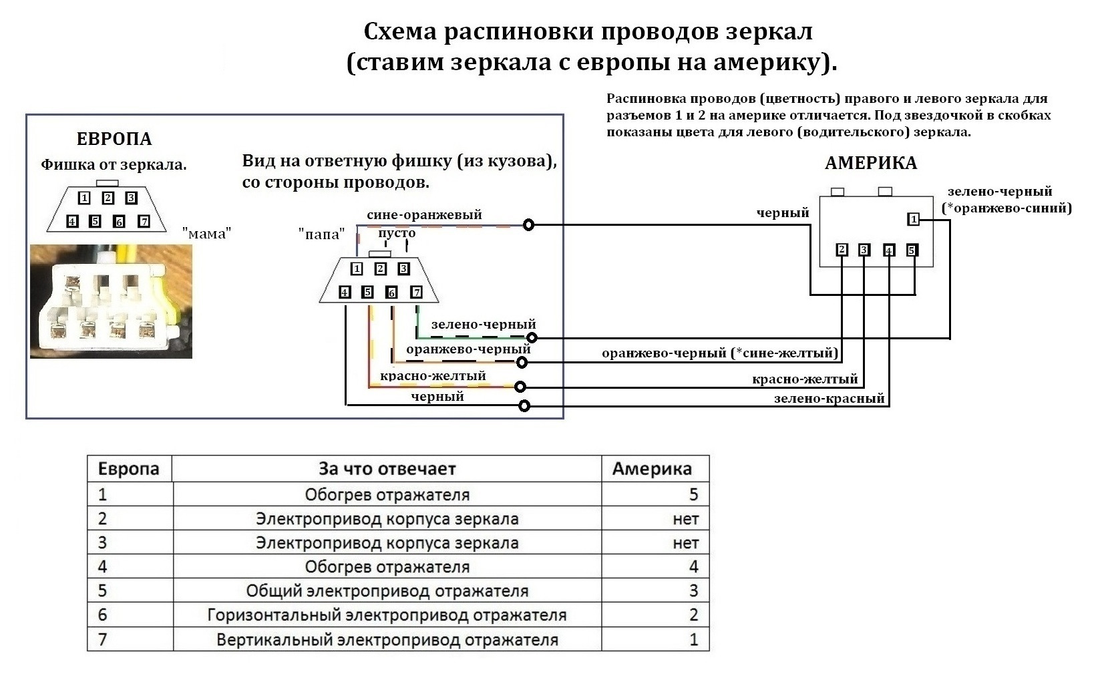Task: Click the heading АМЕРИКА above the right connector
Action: point(870,163)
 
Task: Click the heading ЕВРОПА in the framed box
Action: point(114,139)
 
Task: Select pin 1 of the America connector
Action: point(913,219)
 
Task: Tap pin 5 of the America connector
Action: point(912,250)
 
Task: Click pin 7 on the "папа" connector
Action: point(416,292)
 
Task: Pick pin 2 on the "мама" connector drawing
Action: point(108,198)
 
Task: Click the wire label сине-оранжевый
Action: point(424,215)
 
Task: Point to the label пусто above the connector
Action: point(397,233)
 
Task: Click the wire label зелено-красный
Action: point(829,399)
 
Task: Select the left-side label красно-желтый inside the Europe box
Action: point(433,376)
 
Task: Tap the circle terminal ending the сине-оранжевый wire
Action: point(528,224)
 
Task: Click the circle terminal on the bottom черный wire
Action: point(524,405)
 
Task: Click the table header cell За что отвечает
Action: point(387,468)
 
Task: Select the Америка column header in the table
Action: point(651,468)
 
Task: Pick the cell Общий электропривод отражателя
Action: point(387,591)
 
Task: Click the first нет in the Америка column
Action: point(685,519)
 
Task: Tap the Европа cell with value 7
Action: point(103,639)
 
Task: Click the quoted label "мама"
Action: point(206,233)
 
